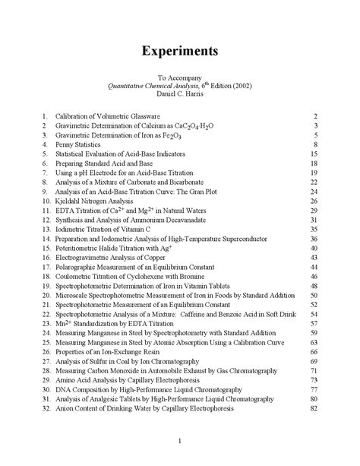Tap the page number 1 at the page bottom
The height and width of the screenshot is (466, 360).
(x=180, y=442)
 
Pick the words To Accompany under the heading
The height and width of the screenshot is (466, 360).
(x=180, y=78)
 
